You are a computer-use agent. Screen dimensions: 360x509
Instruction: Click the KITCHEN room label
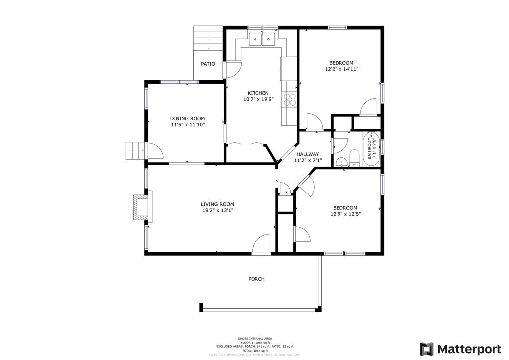(x=258, y=93)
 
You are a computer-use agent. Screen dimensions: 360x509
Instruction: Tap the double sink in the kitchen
(x=262, y=39)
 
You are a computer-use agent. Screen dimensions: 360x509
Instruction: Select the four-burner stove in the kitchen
(x=290, y=100)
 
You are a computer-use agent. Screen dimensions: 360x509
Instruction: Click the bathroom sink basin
(x=341, y=162)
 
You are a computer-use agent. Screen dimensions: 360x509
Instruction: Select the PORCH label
(x=256, y=279)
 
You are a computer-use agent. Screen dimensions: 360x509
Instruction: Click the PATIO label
(x=208, y=64)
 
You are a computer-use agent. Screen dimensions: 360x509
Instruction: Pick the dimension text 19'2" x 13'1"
(x=217, y=211)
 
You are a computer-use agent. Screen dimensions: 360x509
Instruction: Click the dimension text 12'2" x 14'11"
(x=341, y=70)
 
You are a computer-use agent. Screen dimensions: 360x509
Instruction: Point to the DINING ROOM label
(x=188, y=118)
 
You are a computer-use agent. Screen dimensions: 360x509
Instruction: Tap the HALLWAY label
(x=307, y=154)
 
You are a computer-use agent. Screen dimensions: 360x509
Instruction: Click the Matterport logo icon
(x=426, y=349)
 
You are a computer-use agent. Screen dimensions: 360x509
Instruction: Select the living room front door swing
(x=261, y=244)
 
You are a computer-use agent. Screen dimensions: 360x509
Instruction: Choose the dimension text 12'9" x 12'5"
(x=344, y=214)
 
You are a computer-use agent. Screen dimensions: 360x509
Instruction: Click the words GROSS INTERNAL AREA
(x=254, y=339)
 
